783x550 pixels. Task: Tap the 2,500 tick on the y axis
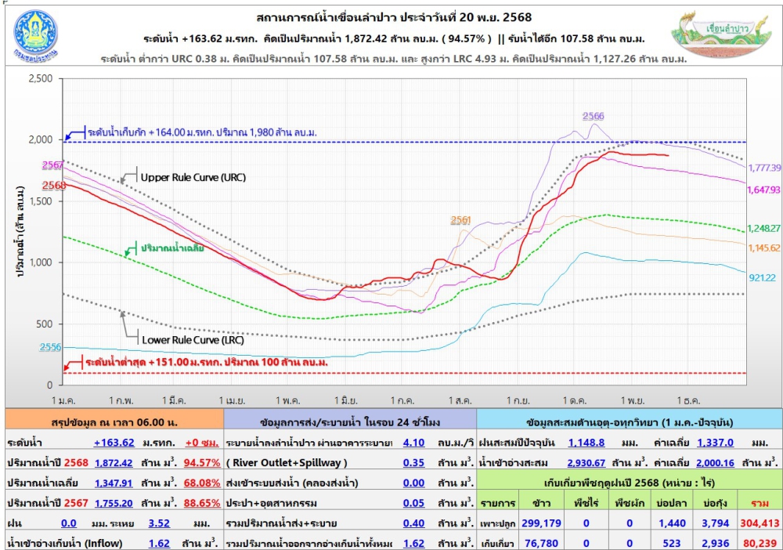tap(39, 78)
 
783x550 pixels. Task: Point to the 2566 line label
tap(593, 116)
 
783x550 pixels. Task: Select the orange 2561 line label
tap(461, 220)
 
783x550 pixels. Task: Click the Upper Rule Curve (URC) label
tap(193, 177)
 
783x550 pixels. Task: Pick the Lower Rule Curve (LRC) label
tap(193, 340)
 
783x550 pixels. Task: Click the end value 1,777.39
tap(764, 168)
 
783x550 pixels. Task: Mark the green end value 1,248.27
tap(764, 228)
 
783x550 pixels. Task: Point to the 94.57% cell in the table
tap(201, 462)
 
